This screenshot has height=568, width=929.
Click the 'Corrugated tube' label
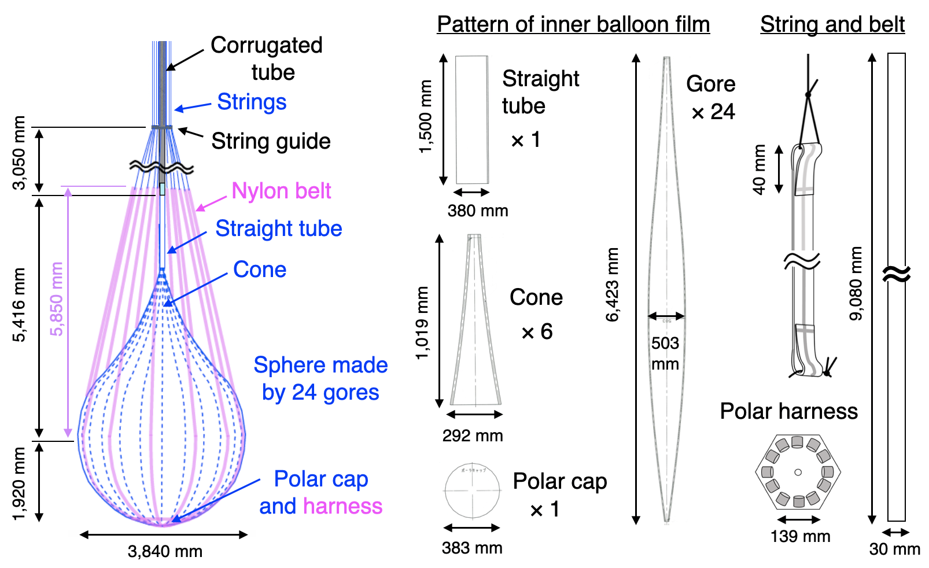(266, 58)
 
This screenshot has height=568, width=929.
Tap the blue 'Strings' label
(252, 102)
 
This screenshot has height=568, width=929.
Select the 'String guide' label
(271, 141)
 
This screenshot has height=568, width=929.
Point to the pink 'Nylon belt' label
(281, 191)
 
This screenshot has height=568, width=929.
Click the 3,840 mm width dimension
(165, 551)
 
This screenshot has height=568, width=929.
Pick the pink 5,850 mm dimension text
(57, 298)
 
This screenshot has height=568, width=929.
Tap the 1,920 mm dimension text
(19, 484)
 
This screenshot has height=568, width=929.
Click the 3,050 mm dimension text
(19, 153)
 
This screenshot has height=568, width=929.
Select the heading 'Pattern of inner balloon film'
(573, 24)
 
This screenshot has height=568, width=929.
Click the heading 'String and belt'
(832, 24)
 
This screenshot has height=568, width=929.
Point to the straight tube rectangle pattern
(471, 120)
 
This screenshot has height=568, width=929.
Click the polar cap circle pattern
(472, 490)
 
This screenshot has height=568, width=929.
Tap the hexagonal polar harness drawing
(798, 471)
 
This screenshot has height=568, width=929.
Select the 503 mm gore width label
(665, 353)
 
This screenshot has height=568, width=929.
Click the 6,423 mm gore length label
(612, 285)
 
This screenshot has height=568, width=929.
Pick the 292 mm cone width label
(473, 436)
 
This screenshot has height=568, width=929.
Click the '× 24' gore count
(713, 112)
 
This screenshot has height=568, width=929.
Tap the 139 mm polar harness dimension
(800, 536)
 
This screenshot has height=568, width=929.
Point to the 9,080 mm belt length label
(856, 283)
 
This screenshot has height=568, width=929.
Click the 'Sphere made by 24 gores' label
(320, 378)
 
